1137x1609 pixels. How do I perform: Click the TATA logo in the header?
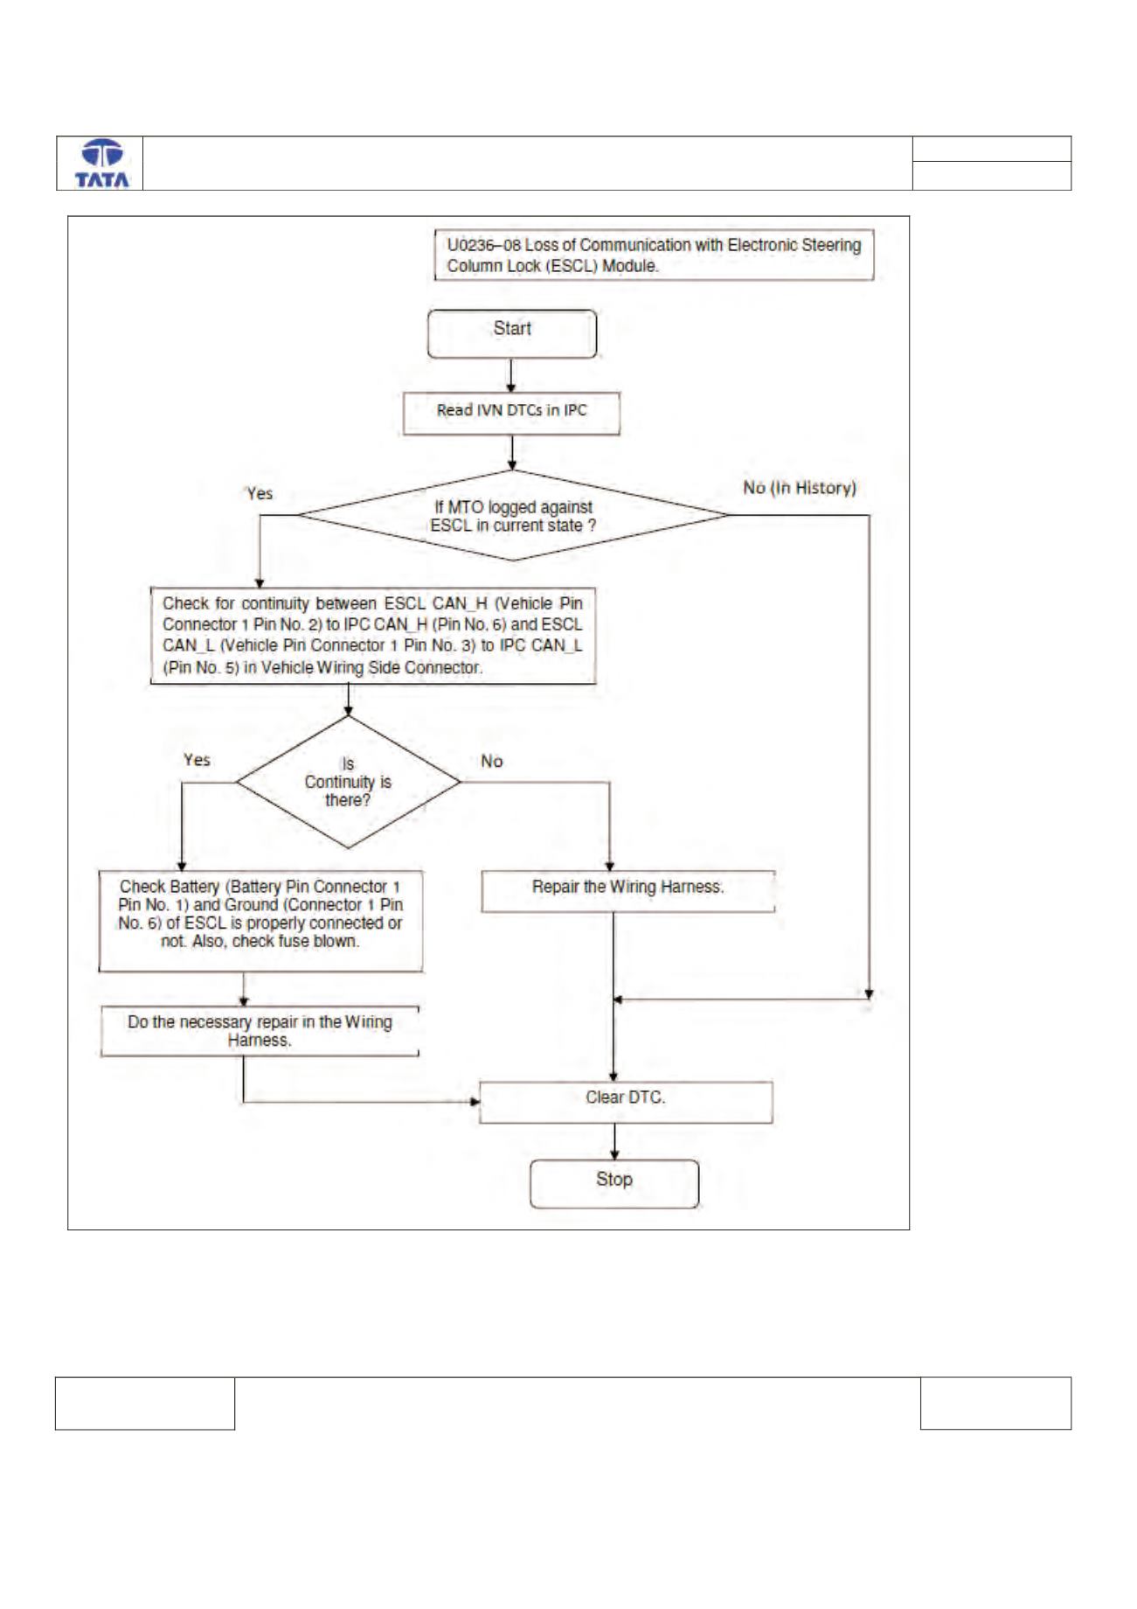pos(101,164)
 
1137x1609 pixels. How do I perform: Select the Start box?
pos(512,333)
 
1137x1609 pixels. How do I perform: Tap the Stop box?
pos(614,1184)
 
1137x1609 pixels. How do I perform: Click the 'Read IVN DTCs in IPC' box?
pos(511,413)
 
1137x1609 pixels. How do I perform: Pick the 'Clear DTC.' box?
pos(626,1102)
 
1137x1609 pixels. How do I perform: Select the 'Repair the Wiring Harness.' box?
pos(628,891)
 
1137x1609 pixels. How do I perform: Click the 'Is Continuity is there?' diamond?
pos(349,782)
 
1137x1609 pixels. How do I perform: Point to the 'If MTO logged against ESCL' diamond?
pos(513,515)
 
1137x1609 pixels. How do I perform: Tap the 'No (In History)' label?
pos(800,488)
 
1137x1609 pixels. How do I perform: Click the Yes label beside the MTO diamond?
pos(260,493)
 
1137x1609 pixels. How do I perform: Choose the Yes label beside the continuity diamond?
pos(197,760)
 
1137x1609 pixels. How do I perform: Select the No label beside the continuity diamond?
pos(492,762)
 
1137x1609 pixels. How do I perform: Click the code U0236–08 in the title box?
pos(484,246)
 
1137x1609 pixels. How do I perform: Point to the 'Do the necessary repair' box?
pos(260,1032)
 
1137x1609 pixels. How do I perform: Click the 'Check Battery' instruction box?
pos(260,921)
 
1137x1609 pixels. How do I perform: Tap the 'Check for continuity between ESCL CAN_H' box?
pos(373,636)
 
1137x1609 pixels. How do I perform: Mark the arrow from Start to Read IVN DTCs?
pos(511,375)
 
